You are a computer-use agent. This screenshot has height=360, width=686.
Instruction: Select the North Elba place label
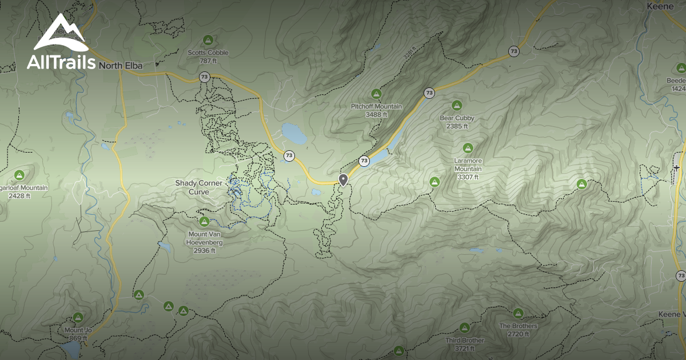pos(121,66)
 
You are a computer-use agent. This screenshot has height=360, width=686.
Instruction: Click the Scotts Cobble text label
pos(208,53)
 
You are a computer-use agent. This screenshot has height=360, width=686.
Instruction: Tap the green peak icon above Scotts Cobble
pos(208,40)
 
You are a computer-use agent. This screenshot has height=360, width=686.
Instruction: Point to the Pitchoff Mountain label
pos(376,106)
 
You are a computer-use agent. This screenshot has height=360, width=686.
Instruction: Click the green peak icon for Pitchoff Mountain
pos(376,94)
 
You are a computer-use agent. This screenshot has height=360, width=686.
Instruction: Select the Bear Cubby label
pos(457,118)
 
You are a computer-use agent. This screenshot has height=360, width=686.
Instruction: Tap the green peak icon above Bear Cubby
pos(457,105)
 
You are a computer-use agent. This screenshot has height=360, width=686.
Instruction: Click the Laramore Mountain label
pos(468,165)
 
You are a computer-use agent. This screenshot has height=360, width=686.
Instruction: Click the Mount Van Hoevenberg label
pos(204,238)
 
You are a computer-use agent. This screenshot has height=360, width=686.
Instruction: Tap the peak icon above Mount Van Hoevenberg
pos(204,222)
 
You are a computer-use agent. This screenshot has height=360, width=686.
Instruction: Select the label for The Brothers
pos(518,326)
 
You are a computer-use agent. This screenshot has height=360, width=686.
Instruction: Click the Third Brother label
pos(464,341)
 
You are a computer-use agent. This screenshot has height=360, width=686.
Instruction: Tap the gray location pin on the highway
pos(343,180)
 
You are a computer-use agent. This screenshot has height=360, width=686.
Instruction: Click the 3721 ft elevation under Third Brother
pos(464,348)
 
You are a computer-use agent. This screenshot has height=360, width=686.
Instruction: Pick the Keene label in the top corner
pos(657,6)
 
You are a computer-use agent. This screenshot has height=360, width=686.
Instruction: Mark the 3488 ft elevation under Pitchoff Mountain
pos(376,114)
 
